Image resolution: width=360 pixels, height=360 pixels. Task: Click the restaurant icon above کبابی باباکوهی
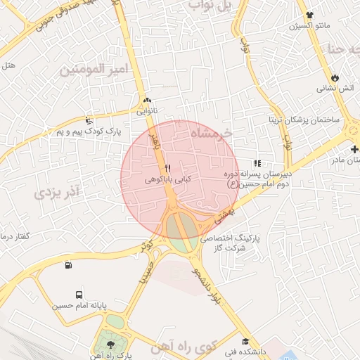167,168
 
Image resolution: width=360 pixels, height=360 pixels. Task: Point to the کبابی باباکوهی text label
167,179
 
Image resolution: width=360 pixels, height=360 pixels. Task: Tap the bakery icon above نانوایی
147,100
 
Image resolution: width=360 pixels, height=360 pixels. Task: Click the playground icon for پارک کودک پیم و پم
87,120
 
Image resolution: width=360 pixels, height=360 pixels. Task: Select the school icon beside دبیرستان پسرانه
259,162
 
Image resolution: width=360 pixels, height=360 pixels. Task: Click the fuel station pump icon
67,265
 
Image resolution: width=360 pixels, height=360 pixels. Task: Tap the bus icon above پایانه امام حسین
77,295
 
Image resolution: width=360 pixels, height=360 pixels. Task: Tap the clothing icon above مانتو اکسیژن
308,15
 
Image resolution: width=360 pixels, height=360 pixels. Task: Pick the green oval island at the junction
181,232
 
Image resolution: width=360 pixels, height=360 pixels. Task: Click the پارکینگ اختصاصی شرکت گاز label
231,243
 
